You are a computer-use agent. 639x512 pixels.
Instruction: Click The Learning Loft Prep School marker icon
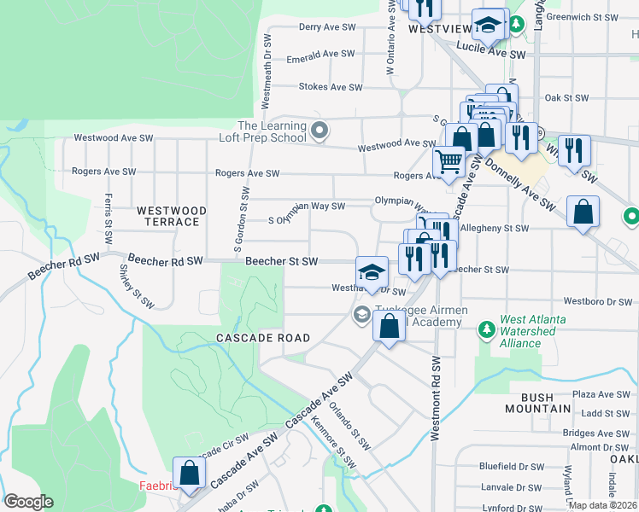tap(319, 131)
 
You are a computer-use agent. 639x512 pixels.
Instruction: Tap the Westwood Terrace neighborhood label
tap(172, 216)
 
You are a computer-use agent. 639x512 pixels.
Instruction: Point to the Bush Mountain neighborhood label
tap(546, 403)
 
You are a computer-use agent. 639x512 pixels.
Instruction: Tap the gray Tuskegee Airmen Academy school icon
tap(361, 315)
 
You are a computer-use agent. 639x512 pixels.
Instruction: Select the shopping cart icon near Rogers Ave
tap(448, 161)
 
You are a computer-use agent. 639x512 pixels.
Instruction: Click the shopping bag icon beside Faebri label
tap(189, 473)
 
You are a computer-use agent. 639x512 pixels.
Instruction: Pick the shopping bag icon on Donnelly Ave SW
tap(582, 212)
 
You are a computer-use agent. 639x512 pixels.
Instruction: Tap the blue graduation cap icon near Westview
tap(489, 25)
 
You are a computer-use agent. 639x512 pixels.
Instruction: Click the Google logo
tap(29, 502)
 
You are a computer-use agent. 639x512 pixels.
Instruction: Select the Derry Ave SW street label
tap(326, 27)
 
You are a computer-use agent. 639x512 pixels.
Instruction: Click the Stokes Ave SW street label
tap(331, 87)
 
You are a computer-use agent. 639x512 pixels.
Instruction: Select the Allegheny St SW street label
tap(494, 229)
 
